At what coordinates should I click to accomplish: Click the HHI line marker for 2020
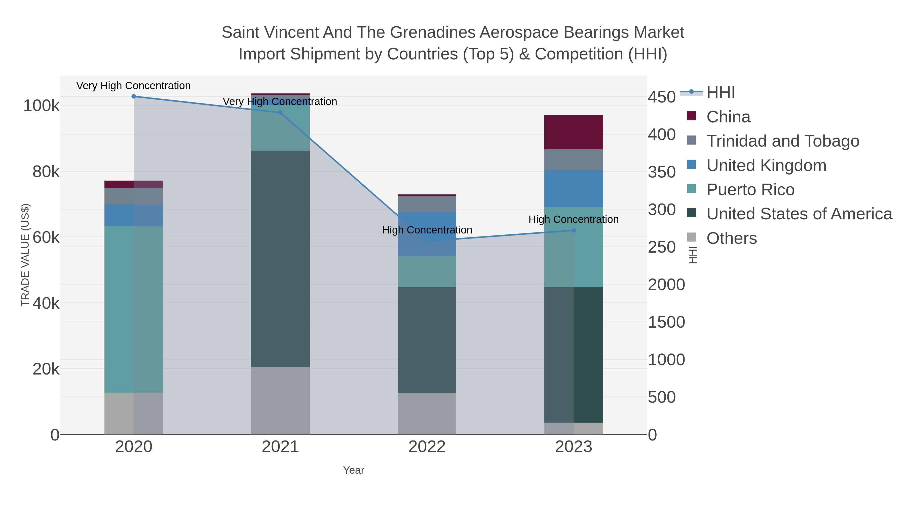(134, 96)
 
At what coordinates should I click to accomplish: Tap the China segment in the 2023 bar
(573, 132)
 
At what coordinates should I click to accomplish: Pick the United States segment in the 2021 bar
(280, 259)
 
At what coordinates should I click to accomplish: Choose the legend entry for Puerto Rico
(750, 190)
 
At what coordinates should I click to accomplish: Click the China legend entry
(728, 117)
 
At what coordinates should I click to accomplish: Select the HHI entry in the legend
(720, 93)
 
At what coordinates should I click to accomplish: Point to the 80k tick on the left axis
(46, 172)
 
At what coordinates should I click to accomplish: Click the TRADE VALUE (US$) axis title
(25, 255)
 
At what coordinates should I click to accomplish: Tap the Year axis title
(354, 470)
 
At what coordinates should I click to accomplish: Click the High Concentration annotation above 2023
(573, 219)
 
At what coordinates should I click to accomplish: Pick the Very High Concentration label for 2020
(134, 86)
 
